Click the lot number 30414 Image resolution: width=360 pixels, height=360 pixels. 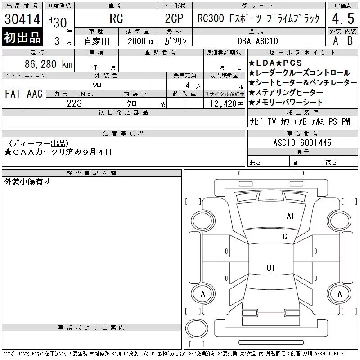coord(22,19)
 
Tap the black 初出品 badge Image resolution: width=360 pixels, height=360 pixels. coord(22,37)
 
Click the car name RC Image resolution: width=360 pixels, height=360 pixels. coord(116,19)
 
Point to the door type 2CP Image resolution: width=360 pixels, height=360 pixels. coord(174,18)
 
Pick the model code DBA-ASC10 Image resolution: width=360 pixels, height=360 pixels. coord(258,41)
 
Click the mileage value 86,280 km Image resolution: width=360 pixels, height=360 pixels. coord(49,64)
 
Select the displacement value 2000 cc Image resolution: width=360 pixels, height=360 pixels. coord(141,41)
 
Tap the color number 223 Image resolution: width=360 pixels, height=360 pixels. coord(74,103)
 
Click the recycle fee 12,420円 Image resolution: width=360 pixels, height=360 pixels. coord(227,103)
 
